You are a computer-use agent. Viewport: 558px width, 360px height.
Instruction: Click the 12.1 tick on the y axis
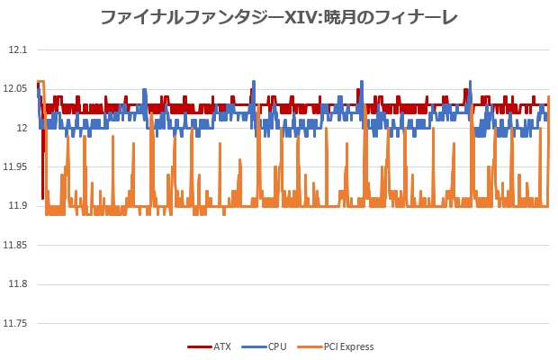[x=17, y=49]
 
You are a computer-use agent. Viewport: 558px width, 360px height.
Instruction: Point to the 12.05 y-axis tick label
[x=15, y=88]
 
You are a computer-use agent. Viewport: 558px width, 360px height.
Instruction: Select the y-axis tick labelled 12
[x=22, y=128]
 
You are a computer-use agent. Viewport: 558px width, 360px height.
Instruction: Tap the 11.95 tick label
[x=15, y=166]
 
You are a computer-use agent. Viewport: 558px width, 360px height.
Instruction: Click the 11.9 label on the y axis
[x=17, y=206]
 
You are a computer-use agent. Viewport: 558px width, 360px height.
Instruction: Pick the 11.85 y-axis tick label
[x=15, y=245]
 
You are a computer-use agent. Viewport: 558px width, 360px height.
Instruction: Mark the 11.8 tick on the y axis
[x=17, y=284]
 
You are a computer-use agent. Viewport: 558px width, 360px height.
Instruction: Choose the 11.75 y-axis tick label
[x=15, y=323]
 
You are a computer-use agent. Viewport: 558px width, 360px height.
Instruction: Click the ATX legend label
[x=222, y=346]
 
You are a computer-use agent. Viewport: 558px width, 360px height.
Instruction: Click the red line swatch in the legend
[x=199, y=346]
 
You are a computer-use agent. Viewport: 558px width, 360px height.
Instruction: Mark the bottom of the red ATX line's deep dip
[x=42, y=197]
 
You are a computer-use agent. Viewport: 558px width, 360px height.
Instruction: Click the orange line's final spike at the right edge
[x=549, y=97]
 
